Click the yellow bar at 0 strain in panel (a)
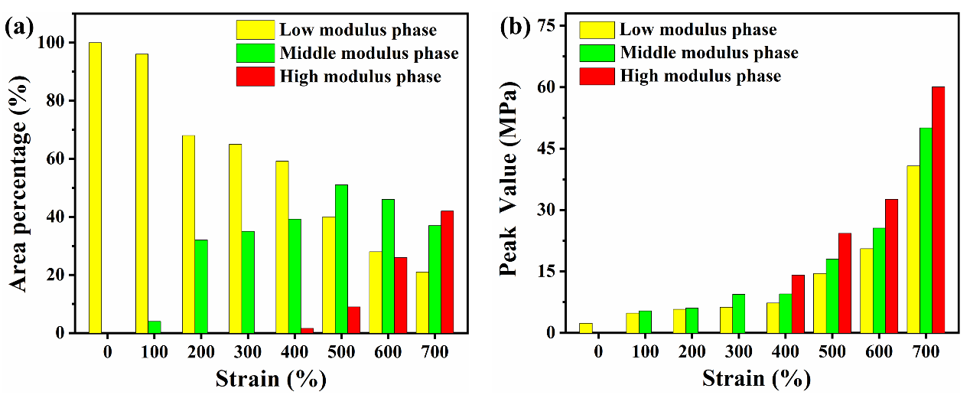click(95, 188)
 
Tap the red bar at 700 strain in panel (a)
click(447, 272)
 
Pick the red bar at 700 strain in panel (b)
click(939, 210)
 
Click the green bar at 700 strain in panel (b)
click(926, 230)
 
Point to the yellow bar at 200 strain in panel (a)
click(188, 234)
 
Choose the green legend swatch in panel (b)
click(597, 53)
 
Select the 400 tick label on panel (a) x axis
click(295, 351)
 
